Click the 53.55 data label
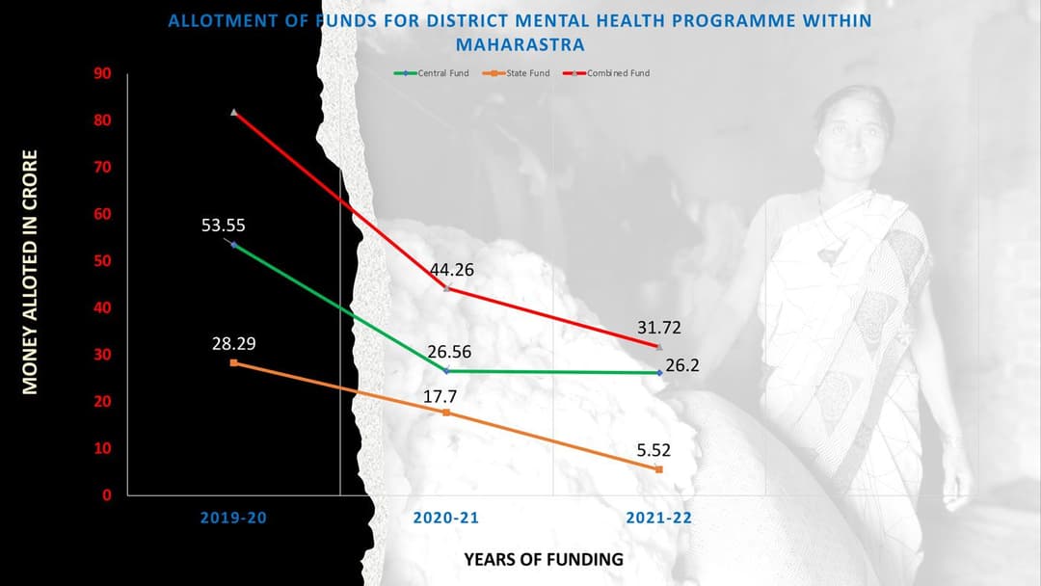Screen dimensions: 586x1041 (x=224, y=226)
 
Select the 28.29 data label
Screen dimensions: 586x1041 (x=234, y=343)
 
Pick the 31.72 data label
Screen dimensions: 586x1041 (x=659, y=330)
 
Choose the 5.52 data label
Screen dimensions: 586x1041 (x=654, y=449)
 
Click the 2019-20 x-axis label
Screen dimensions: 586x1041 (x=233, y=518)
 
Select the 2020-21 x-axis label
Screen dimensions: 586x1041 (x=446, y=518)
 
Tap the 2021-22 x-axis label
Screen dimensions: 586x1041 (x=659, y=518)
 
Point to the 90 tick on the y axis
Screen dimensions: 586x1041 (x=102, y=74)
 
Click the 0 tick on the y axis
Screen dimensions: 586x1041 (x=107, y=495)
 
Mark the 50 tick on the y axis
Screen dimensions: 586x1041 (x=102, y=261)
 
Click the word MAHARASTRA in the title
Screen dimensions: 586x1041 (x=520, y=44)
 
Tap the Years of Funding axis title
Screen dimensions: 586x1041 (x=544, y=559)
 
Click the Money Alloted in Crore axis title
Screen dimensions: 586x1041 (x=30, y=272)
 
